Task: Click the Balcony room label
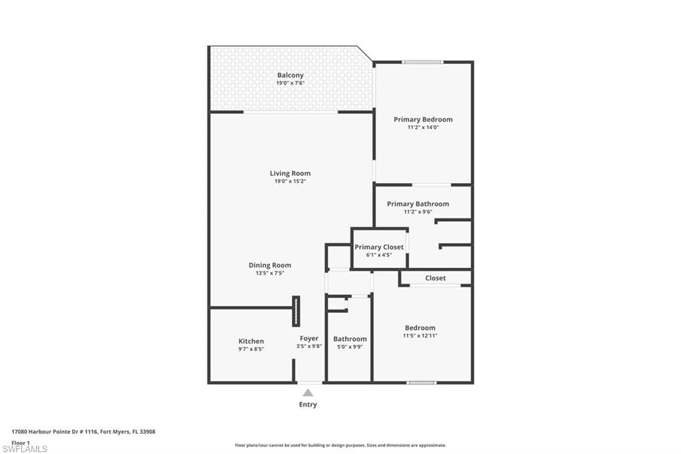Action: [290, 75]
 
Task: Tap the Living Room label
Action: [290, 173]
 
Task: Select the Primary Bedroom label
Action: [423, 120]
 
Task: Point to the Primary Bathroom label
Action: [418, 204]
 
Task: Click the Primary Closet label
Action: [378, 247]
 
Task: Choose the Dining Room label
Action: [269, 265]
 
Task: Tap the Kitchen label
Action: [251, 341]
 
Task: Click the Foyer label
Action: [309, 339]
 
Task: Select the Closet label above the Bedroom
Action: [436, 278]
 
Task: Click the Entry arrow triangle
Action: [308, 393]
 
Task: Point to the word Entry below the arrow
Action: [308, 405]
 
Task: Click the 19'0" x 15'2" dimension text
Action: [290, 181]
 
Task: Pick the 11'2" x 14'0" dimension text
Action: [423, 127]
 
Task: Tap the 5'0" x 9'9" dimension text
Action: [350, 347]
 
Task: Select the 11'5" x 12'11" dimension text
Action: [420, 336]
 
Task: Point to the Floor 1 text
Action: [21, 442]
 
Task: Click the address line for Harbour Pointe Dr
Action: [83, 431]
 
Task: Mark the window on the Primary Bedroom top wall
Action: [422, 63]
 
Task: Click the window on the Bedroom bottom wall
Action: [422, 383]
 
